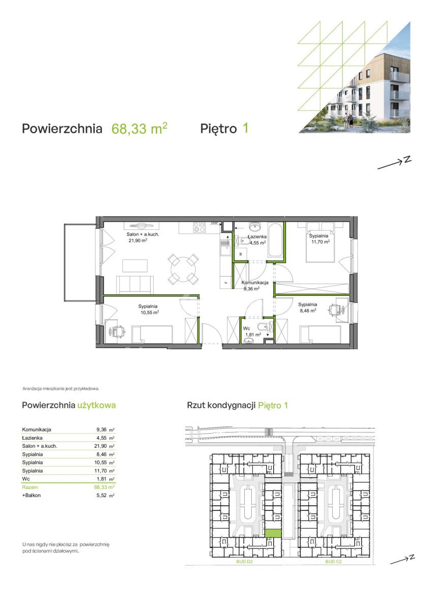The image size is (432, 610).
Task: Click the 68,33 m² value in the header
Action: tap(139, 129)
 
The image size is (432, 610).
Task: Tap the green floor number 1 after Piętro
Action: tap(245, 128)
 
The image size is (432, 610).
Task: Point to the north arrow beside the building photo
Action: tap(394, 163)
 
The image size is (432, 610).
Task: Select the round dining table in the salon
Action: tap(183, 269)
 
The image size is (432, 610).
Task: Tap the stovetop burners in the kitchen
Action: tap(200, 227)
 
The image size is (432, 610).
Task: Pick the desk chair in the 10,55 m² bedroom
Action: tap(118, 331)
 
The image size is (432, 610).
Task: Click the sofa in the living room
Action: tap(135, 284)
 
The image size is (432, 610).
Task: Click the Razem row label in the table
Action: tap(30, 486)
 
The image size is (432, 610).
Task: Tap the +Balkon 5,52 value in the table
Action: tap(102, 495)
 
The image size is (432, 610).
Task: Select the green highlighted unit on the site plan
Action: tap(273, 533)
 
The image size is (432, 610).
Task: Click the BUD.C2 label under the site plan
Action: tap(333, 561)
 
